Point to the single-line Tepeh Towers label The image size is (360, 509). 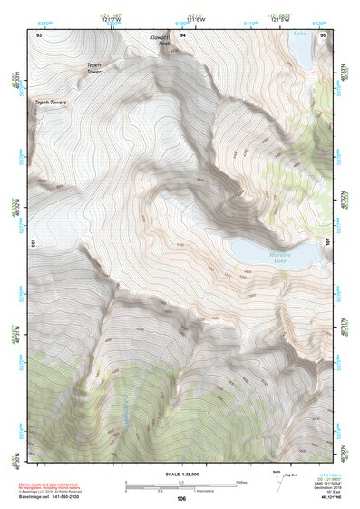point(53,103)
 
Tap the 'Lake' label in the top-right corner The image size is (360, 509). point(299,33)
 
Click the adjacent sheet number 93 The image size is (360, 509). point(40,33)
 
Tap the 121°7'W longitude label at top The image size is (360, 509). point(113,18)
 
